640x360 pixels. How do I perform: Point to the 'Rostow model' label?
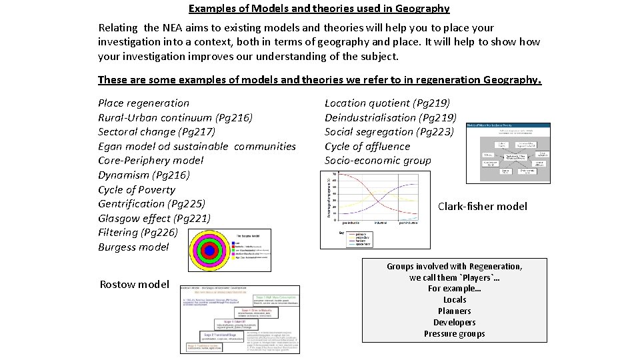(134, 285)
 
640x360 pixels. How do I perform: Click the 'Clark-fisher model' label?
(482, 207)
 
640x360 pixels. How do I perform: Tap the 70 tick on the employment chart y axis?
(335, 173)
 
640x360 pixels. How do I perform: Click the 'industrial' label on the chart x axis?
(380, 223)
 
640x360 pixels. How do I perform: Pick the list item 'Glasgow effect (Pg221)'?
(154, 218)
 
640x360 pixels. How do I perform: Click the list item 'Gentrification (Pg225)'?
(151, 203)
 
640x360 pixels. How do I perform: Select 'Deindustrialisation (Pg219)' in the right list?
(390, 117)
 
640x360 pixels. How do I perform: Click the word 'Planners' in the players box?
(454, 311)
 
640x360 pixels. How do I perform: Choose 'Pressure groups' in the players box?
(454, 334)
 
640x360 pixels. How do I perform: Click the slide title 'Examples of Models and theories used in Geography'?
(319, 9)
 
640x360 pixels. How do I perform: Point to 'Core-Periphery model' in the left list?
(151, 160)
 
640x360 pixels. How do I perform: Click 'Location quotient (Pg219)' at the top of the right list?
(387, 103)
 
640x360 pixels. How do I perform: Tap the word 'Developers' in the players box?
(454, 323)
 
